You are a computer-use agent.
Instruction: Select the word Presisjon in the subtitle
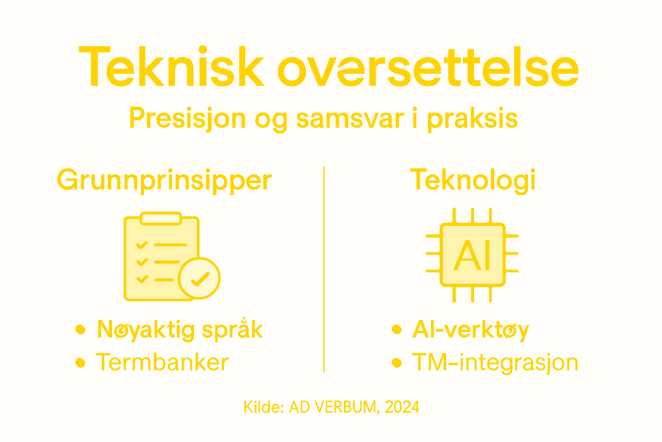[187, 118]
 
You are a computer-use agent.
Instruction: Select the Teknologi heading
[473, 180]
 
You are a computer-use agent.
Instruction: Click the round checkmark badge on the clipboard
[199, 278]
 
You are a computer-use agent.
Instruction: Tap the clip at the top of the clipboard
[161, 218]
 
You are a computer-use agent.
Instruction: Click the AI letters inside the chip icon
[473, 255]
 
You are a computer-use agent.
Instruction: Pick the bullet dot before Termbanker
[80, 363]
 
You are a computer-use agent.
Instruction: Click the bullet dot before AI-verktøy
[397, 330]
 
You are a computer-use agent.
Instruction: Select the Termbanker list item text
[162, 362]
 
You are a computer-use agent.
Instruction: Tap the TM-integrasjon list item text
[495, 363]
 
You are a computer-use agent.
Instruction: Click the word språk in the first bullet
[232, 330]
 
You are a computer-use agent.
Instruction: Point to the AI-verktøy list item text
[470, 330]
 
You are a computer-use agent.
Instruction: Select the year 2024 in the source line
[402, 407]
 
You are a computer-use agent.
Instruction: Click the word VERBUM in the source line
[346, 407]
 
